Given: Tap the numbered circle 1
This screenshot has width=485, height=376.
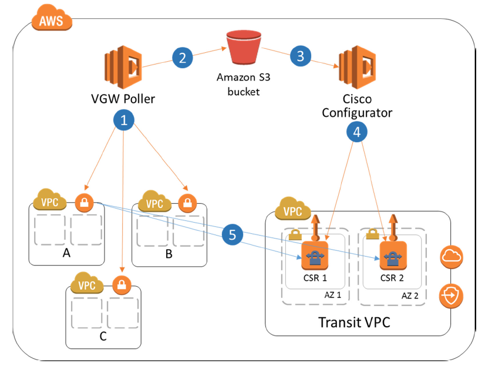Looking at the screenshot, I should tap(123, 120).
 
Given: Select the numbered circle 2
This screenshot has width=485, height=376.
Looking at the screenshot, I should tap(183, 58).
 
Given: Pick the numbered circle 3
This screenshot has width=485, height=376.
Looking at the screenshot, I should tap(301, 56).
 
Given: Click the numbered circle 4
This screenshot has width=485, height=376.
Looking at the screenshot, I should tap(357, 133).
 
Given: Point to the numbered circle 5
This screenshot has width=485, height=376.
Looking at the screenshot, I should tap(233, 235).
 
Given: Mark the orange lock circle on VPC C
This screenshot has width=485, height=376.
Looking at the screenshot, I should tap(121, 284).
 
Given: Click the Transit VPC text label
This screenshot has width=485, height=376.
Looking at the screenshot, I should tap(354, 323).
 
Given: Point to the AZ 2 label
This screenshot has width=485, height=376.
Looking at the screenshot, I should tap(410, 295).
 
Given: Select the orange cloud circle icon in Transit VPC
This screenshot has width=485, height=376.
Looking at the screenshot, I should tap(452, 256).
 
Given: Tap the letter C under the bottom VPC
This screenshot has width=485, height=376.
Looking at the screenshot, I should tap(102, 337).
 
